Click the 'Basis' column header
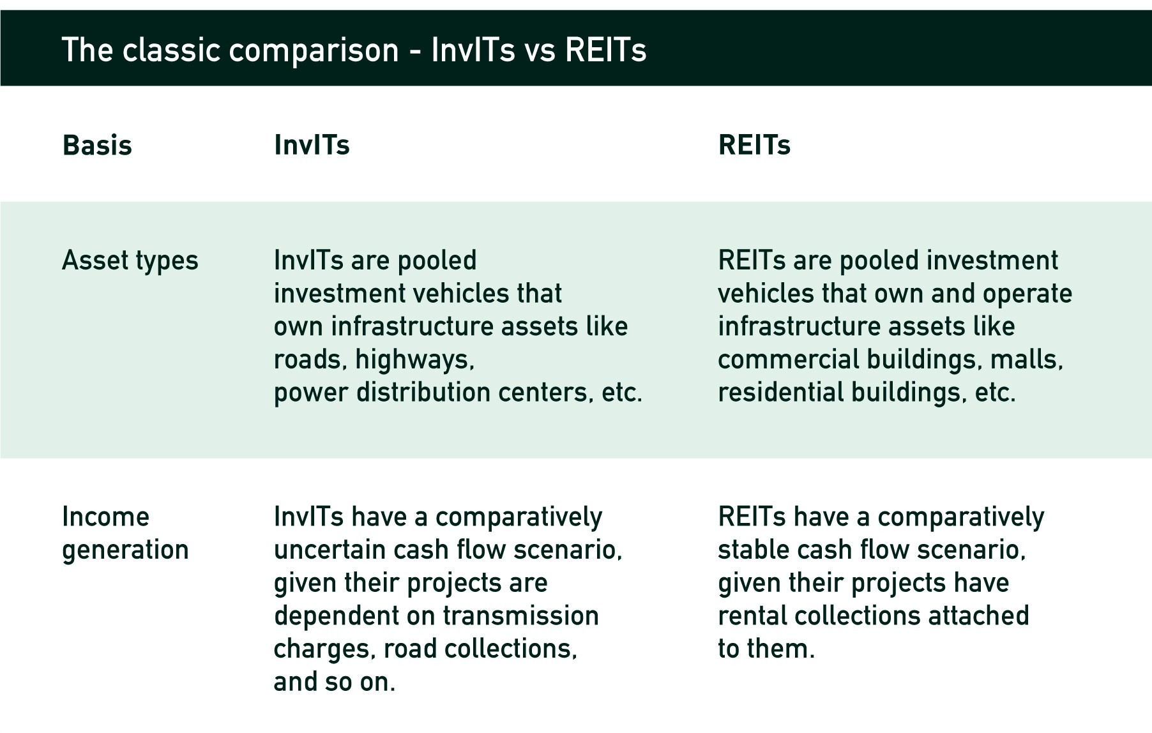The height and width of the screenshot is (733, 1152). tap(97, 146)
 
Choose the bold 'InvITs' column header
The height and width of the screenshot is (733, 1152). tap(312, 145)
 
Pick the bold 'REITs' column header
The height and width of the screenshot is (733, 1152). tap(754, 145)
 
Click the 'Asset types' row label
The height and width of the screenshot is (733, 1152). tap(130, 261)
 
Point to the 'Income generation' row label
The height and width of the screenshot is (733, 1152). tap(125, 533)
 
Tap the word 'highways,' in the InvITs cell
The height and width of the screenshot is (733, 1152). tap(415, 359)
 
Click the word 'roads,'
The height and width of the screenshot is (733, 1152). tap(310, 360)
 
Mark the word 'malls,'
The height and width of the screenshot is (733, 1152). tap(1027, 359)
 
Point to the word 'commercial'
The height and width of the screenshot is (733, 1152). tap(789, 359)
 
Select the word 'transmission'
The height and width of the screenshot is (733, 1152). tap(521, 616)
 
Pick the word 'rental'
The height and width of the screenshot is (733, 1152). tap(752, 616)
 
